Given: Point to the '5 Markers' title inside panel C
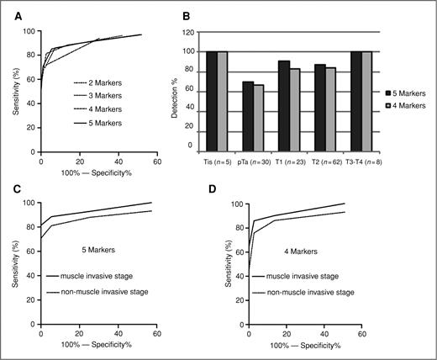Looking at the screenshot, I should click(x=94, y=248).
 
